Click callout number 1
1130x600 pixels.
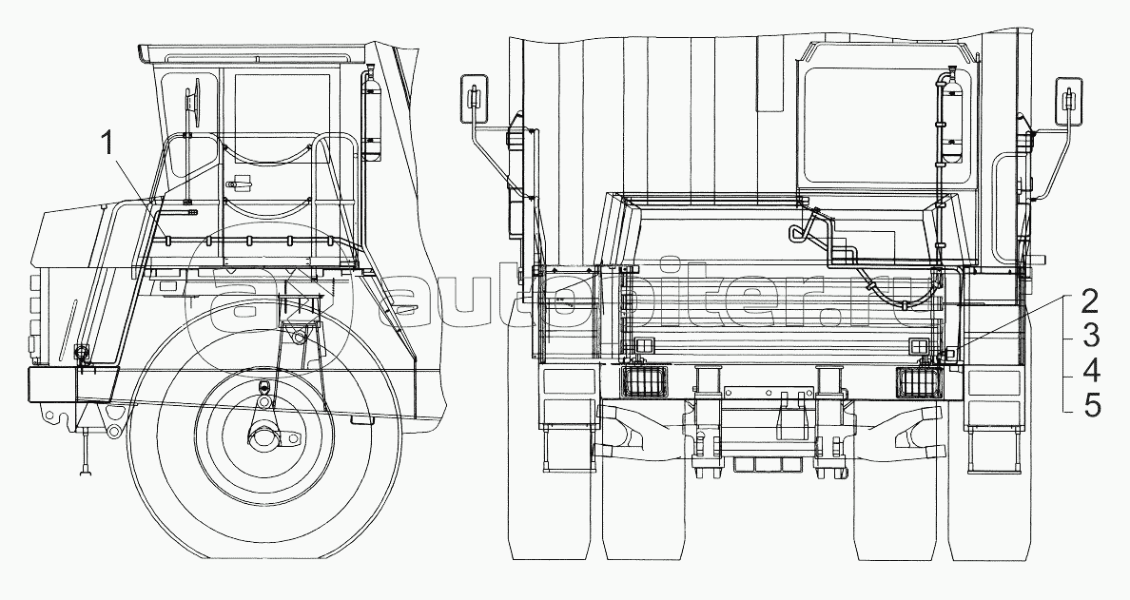[107, 144]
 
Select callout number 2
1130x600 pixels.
[1091, 301]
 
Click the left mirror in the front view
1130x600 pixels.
[475, 98]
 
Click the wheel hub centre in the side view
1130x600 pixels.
[263, 436]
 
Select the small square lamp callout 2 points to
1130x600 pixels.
[949, 356]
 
